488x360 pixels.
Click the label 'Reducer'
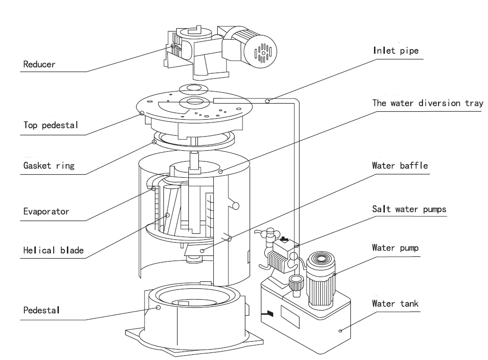click(x=39, y=65)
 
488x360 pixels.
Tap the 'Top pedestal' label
click(x=50, y=125)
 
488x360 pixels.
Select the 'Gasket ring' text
click(x=49, y=165)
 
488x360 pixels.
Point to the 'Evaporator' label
click(x=46, y=212)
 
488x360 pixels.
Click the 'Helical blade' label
click(x=53, y=250)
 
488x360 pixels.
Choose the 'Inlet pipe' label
click(x=396, y=50)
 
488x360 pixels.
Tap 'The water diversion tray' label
click(x=428, y=103)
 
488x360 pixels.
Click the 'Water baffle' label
click(x=399, y=165)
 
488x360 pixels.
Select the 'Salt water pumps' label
click(x=409, y=209)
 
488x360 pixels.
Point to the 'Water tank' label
click(x=395, y=303)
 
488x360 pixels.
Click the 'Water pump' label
click(x=395, y=248)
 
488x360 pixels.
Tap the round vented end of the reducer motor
click(x=260, y=51)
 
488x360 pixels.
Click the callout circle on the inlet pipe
click(x=268, y=101)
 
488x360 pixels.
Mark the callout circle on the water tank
click(x=340, y=331)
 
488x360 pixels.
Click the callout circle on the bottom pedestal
click(x=158, y=307)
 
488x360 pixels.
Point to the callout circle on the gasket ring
click(x=154, y=142)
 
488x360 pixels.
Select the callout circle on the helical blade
click(x=167, y=215)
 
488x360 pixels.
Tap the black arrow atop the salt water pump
click(x=284, y=239)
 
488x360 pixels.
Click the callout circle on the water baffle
click(x=202, y=251)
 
